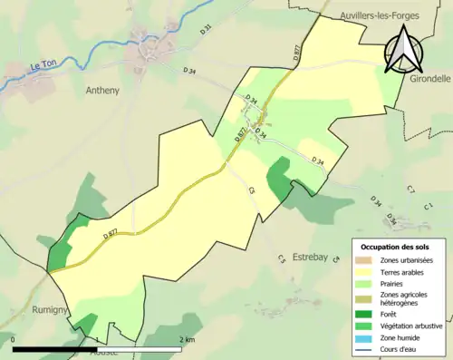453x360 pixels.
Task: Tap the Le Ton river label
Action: pyautogui.click(x=44, y=66)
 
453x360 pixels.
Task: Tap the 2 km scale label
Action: pyautogui.click(x=188, y=339)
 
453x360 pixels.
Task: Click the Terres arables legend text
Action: pyautogui.click(x=405, y=272)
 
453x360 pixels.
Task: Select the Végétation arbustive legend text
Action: pyautogui.click(x=414, y=326)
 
